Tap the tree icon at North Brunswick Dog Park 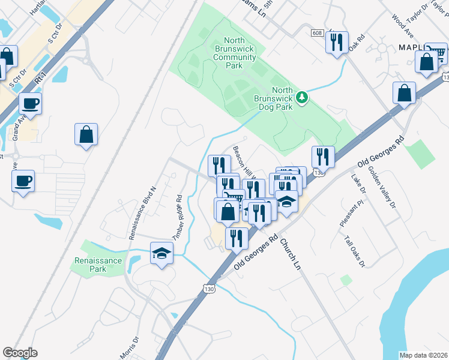[x=304, y=97]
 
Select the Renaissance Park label [x=98, y=265]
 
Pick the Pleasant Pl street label [x=351, y=214]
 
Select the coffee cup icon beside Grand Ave [x=29, y=103]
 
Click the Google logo [x=20, y=353]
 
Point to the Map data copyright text [x=423, y=355]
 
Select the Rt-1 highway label [x=41, y=79]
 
